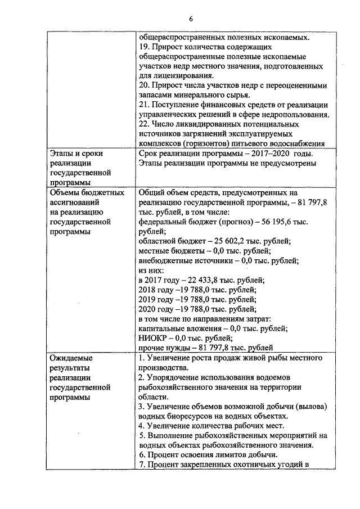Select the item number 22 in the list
143,124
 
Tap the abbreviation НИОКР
154,338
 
